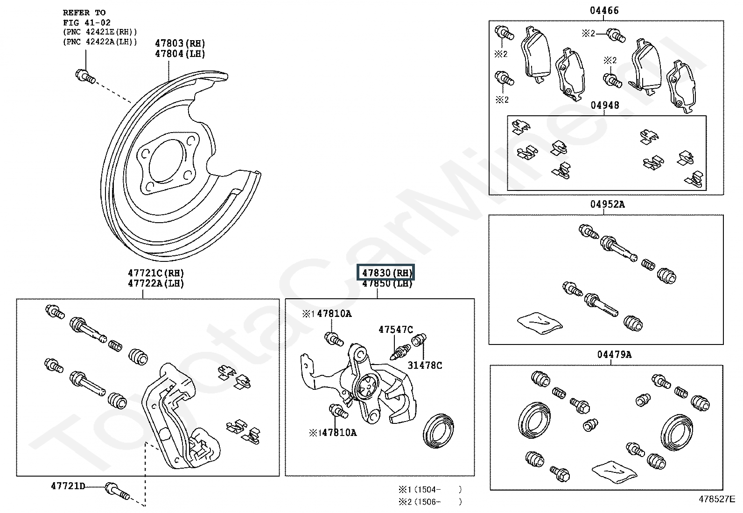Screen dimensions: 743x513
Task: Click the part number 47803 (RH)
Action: click(180, 43)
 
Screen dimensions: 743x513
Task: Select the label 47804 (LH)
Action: click(180, 54)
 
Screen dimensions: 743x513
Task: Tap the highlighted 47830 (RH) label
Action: click(386, 273)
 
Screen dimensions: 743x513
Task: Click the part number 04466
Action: click(604, 11)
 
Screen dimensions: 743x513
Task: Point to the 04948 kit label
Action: click(605, 105)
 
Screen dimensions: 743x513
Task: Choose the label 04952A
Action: click(607, 204)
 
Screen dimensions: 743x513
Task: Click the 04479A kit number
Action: click(614, 354)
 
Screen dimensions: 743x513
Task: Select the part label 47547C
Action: click(396, 330)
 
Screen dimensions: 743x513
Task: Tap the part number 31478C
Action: click(425, 365)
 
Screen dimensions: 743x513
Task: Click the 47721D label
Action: click(68, 486)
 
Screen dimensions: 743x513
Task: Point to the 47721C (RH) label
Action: click(156, 273)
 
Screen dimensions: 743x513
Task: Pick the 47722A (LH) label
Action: click(156, 283)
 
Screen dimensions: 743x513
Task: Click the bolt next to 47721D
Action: click(117, 491)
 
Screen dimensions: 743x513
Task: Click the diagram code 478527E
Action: click(717, 499)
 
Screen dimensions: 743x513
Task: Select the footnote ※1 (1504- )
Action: click(430, 490)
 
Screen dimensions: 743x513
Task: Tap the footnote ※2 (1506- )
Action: click(430, 502)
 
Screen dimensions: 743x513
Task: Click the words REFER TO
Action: click(84, 13)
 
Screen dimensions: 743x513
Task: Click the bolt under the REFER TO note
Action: click(85, 77)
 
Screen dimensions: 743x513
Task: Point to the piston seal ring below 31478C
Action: click(438, 431)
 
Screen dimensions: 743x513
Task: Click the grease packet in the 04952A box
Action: click(540, 323)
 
